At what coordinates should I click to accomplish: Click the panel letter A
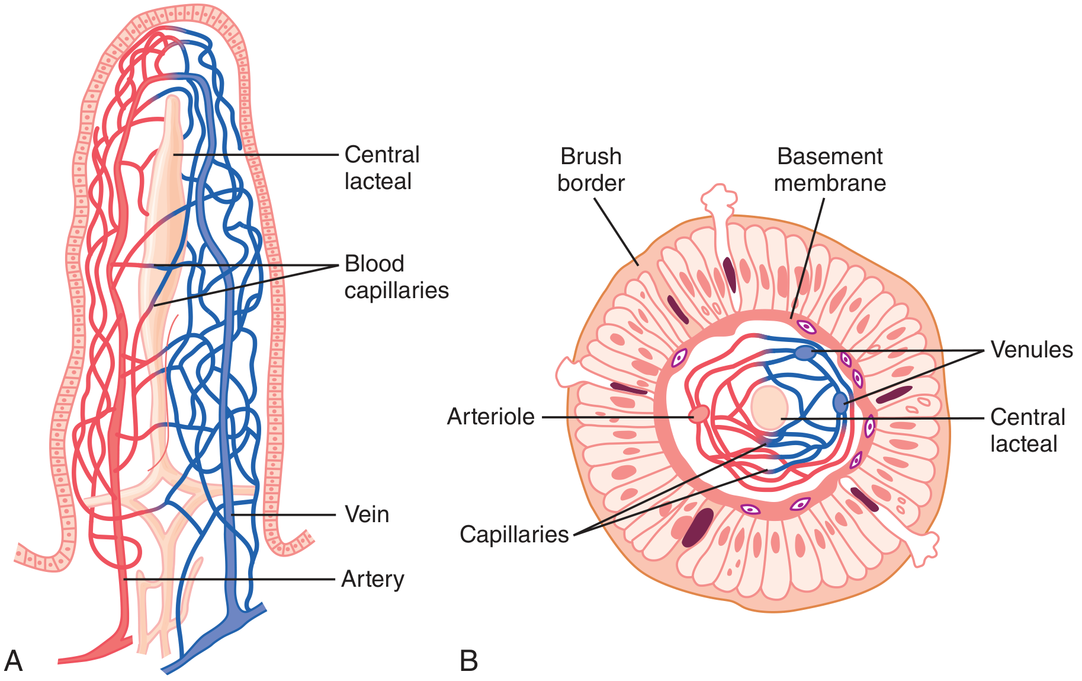pos(13,661)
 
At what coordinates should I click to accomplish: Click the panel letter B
pos(468,661)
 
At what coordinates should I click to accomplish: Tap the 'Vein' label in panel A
pos(367,514)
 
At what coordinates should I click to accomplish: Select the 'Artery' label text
pos(373,579)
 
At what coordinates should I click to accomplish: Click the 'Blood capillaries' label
pos(397,277)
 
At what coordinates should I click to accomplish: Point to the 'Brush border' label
pos(590,170)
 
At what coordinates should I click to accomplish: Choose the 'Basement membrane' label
pos(830,170)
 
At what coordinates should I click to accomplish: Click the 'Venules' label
pos(1032,350)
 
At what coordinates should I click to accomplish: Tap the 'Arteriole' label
pos(491,417)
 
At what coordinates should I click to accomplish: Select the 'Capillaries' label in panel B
pos(514,535)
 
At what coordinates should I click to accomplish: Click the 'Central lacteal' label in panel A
pos(382,168)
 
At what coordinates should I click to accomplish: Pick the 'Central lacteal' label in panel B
pos(1028,430)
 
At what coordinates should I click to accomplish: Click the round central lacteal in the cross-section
pos(769,408)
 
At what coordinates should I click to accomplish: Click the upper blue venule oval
pos(804,353)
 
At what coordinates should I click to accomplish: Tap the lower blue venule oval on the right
pos(840,402)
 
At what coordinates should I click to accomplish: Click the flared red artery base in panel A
pos(98,650)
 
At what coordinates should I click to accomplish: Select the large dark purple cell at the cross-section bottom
pos(698,527)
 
